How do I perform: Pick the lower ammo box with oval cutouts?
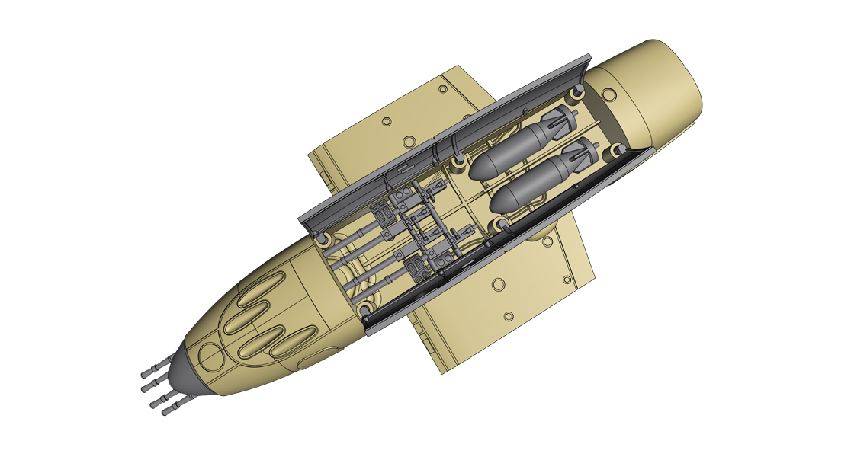point(418,267)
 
